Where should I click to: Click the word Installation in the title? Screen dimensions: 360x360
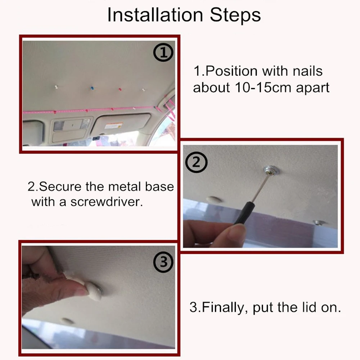155,15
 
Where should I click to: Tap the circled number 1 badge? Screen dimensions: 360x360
163,53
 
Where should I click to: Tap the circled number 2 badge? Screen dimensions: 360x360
196,162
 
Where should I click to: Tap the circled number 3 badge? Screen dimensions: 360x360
163,262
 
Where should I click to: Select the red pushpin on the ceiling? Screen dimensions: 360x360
120,89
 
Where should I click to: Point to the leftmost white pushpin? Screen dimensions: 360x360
56,87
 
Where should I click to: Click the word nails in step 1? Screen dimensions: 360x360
308,71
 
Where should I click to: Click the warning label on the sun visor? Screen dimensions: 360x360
113,126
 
